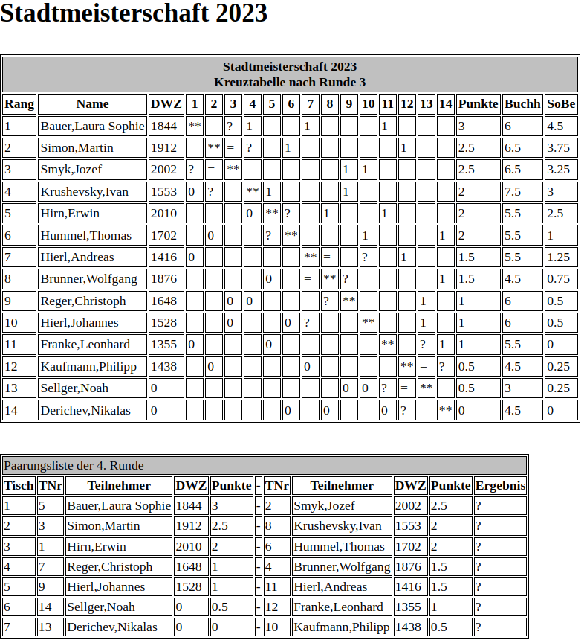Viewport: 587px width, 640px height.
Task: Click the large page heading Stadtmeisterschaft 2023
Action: tap(134, 14)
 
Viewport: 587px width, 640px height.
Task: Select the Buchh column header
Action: tap(522, 104)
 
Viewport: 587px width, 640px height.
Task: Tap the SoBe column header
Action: tap(561, 104)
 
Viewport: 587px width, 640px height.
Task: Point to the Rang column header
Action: tap(19, 104)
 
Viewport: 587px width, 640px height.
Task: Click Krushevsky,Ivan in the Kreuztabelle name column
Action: tap(84, 192)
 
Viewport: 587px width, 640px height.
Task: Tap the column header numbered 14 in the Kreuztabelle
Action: tap(445, 104)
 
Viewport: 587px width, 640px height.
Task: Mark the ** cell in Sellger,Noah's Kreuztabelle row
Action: tap(426, 388)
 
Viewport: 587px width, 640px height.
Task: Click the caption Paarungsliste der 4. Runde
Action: tap(74, 466)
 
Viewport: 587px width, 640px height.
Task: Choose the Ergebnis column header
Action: tap(501, 486)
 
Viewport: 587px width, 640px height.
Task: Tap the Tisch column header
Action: tap(19, 486)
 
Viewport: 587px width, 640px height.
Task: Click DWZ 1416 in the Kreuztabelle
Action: tap(163, 257)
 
